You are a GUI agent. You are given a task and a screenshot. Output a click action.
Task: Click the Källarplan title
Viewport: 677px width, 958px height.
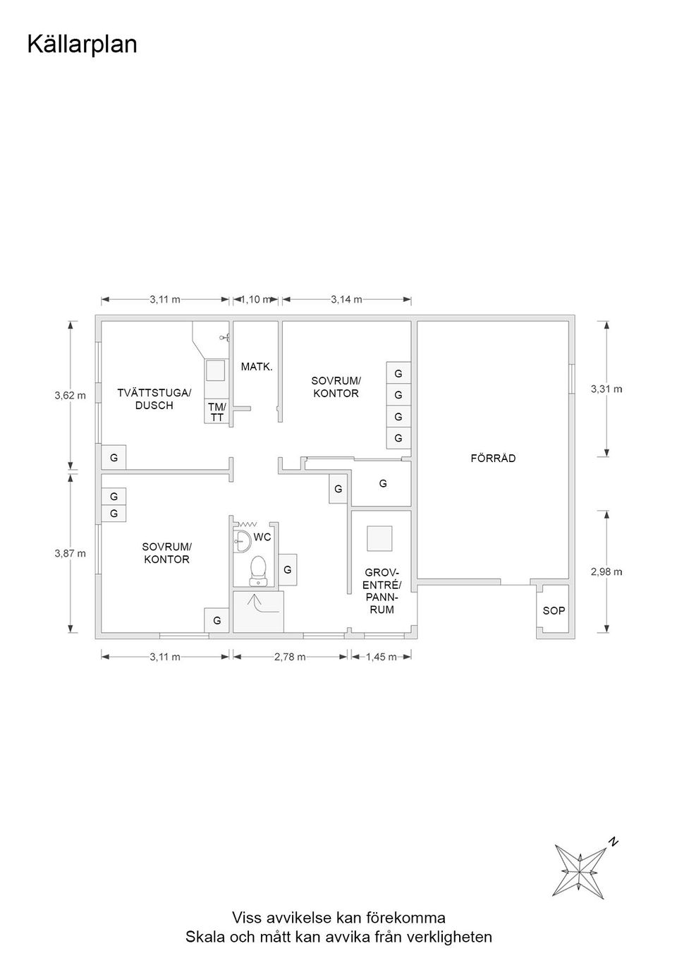[x=82, y=45]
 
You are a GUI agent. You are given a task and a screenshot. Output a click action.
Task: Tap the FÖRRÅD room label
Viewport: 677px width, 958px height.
[x=493, y=458]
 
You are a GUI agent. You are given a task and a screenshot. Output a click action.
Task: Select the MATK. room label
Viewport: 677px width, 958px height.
[x=257, y=367]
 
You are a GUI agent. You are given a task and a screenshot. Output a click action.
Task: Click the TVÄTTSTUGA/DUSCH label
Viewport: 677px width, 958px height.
[x=154, y=399]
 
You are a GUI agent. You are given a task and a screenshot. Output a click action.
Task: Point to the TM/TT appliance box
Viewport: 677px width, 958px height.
[x=217, y=412]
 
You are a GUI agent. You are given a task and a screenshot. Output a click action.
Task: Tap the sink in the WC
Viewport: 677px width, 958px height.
[x=241, y=541]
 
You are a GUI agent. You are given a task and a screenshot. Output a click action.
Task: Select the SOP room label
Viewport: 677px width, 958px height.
[x=554, y=611]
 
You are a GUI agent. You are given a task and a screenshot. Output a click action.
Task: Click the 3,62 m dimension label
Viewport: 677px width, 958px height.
[x=70, y=396]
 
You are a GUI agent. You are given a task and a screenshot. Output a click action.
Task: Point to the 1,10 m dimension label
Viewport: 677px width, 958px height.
[x=256, y=299]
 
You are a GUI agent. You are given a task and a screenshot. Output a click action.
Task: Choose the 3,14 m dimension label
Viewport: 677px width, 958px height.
[x=347, y=299]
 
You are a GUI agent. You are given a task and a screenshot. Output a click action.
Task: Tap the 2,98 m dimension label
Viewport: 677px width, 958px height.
[x=606, y=572]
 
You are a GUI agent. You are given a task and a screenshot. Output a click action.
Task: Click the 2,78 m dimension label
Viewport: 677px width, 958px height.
[x=290, y=657]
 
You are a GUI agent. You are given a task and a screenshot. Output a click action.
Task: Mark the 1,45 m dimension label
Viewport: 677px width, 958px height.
[x=382, y=657]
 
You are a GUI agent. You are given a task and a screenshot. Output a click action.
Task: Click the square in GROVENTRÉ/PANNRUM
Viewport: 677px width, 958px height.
[x=379, y=538]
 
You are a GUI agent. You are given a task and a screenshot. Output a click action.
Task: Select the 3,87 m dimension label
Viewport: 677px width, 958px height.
[x=70, y=553]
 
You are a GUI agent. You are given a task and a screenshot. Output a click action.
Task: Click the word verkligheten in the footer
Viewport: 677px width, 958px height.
[x=450, y=937]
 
